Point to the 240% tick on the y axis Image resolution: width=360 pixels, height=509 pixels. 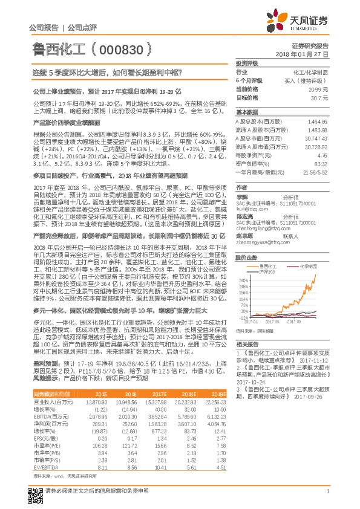[x=243, y=281]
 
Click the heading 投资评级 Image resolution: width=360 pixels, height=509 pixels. [x=247, y=62]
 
